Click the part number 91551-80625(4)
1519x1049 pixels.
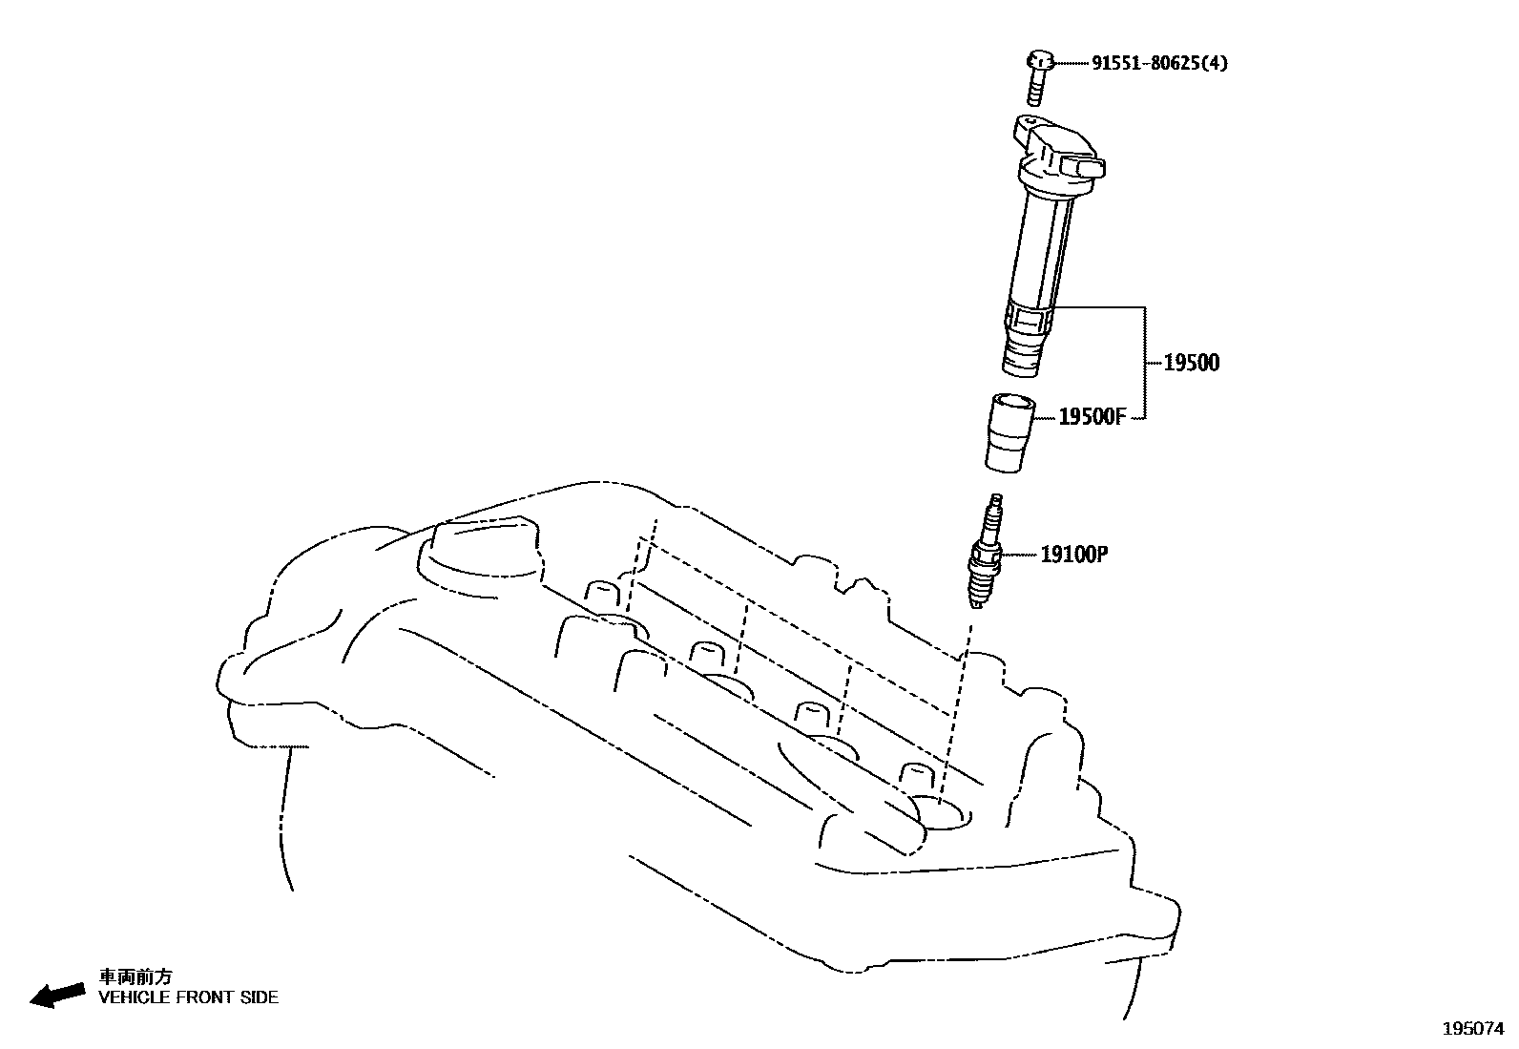click(x=1159, y=64)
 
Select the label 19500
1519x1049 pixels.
click(x=1191, y=363)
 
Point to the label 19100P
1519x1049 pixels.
click(x=1073, y=554)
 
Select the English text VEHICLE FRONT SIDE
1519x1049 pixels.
click(x=189, y=997)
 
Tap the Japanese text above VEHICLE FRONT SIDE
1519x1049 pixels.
click(x=135, y=976)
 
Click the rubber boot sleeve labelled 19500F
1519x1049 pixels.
click(x=1009, y=431)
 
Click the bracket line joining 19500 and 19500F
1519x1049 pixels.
click(x=1144, y=363)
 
